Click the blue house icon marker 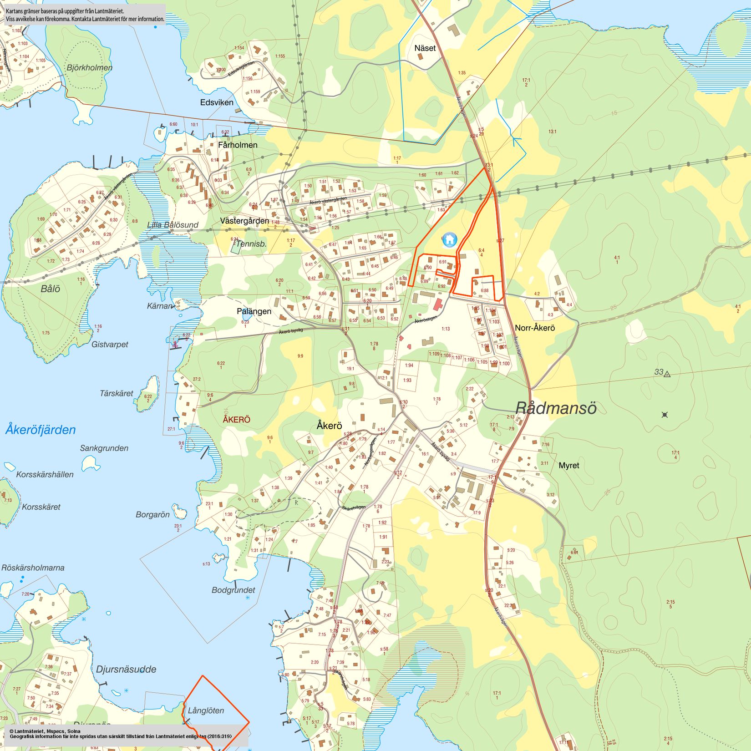450,239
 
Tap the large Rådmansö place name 556,408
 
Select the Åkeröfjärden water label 41,430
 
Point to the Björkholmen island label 89,68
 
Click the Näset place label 425,48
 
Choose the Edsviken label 217,102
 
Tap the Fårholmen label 238,145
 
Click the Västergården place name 244,221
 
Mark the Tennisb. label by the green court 251,244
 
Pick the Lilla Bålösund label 173,225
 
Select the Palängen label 254,311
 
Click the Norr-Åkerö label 535,328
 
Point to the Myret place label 569,465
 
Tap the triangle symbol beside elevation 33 667,374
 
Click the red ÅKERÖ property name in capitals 236,419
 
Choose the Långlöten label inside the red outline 206,710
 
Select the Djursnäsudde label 126,669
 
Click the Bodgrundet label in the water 233,590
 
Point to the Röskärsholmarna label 33,568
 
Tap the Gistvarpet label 110,345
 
